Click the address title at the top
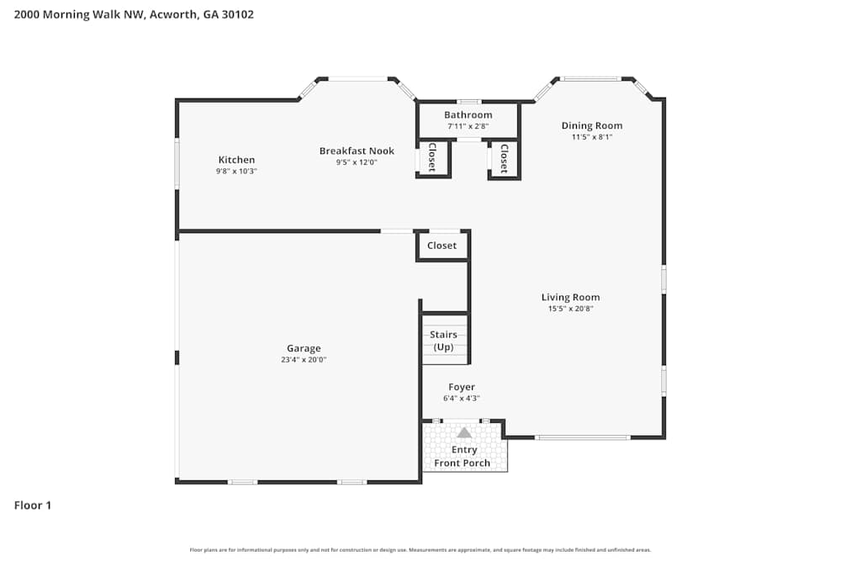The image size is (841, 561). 134,14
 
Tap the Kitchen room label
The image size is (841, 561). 236,160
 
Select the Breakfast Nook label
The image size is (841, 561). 357,151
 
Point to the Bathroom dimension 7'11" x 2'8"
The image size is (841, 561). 468,127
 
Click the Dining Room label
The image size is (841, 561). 592,125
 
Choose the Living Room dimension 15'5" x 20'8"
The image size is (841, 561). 570,309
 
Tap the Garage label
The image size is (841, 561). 304,348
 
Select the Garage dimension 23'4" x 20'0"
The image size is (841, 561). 304,359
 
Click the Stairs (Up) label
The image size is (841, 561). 443,341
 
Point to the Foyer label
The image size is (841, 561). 462,387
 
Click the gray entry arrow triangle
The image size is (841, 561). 464,432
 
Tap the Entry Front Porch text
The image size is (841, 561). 463,457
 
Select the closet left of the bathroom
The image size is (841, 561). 432,158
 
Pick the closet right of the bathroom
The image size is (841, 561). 504,158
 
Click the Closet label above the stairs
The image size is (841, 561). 442,246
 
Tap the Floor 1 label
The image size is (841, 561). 33,505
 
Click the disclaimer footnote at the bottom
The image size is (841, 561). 420,550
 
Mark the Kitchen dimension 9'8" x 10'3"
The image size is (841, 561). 236,171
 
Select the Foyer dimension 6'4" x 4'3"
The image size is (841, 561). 462,399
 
